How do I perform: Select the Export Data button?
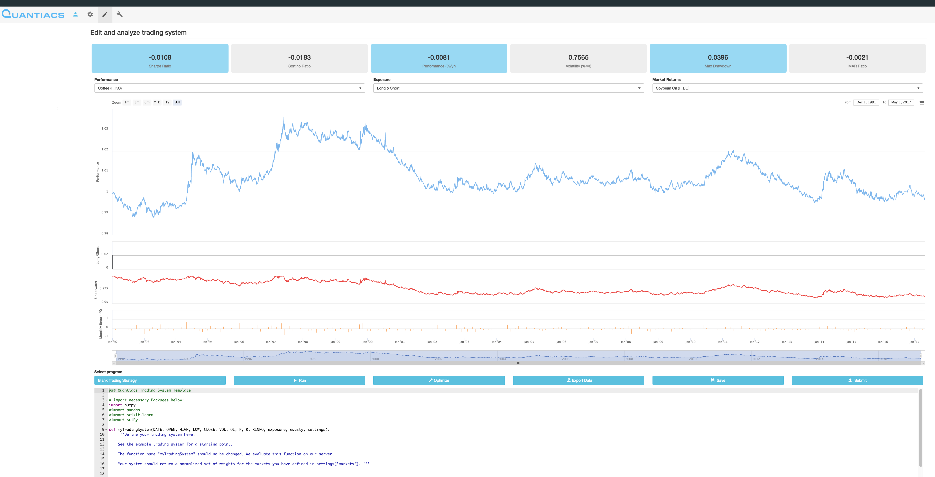(x=578, y=380)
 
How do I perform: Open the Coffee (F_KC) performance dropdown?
(x=229, y=88)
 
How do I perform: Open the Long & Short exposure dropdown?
(x=508, y=88)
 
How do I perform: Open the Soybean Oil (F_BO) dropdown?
(x=787, y=88)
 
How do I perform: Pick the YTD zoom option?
(x=157, y=102)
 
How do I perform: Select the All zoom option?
(x=177, y=102)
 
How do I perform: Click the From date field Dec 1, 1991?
(x=866, y=102)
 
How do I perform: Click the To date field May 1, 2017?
(x=901, y=102)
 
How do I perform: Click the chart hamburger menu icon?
(x=922, y=103)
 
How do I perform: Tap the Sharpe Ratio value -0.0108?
(x=160, y=57)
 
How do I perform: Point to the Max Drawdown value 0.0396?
(x=718, y=57)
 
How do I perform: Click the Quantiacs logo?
(x=33, y=15)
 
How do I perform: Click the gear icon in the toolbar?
(x=90, y=15)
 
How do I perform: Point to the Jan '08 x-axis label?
(x=625, y=342)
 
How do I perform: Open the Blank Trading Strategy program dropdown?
(x=160, y=380)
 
